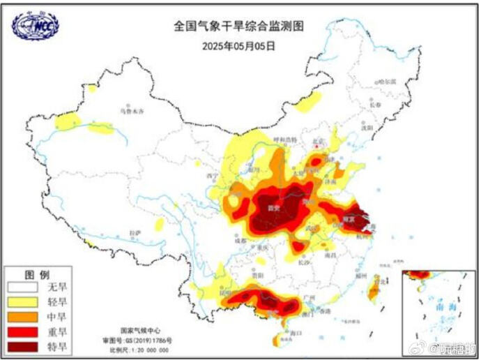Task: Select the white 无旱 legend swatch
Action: [x=23, y=287]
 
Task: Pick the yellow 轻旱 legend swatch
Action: [x=23, y=301]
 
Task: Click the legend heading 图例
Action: [x=36, y=273]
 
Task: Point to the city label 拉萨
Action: [x=136, y=232]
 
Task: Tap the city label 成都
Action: [x=240, y=240]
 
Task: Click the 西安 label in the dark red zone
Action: [x=274, y=208]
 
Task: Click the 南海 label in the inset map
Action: [x=441, y=306]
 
